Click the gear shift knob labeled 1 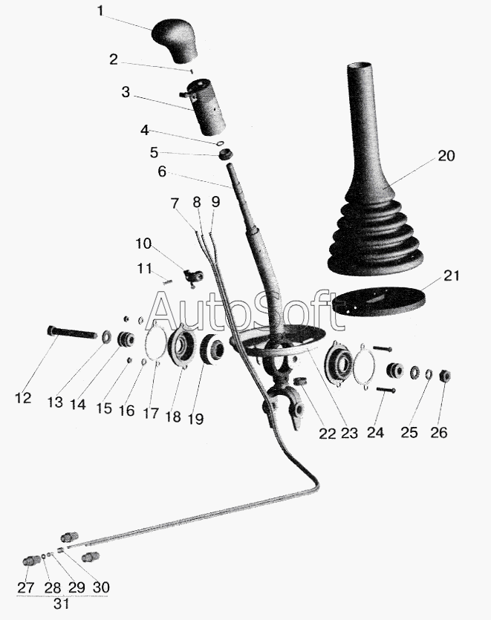(x=175, y=39)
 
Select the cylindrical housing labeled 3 (x=204, y=107)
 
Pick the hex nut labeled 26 (x=445, y=375)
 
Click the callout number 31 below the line (x=62, y=604)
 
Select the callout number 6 (x=162, y=172)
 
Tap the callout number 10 (x=143, y=244)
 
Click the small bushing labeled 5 (x=226, y=154)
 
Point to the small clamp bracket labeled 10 (x=193, y=276)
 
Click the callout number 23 (x=349, y=434)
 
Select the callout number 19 (x=195, y=419)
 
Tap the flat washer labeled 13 (x=107, y=337)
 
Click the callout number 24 (x=375, y=432)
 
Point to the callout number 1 (x=100, y=11)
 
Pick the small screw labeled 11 (x=167, y=282)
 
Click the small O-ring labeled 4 (x=221, y=143)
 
